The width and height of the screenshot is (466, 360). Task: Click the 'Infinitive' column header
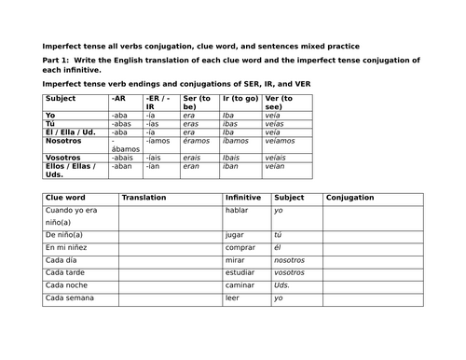pos(243,198)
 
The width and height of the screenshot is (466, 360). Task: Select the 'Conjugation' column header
pos(350,198)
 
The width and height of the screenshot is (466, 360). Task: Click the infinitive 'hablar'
pos(237,211)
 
